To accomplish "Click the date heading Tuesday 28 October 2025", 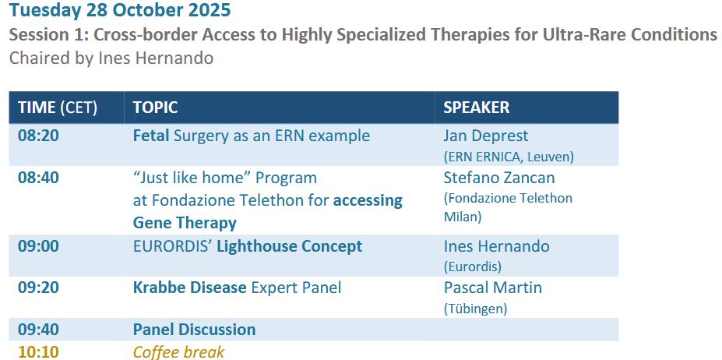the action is (120, 9).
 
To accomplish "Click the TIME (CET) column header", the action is (58, 108).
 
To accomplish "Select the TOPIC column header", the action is (155, 108).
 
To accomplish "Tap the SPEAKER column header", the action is (476, 108).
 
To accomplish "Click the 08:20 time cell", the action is (38, 136).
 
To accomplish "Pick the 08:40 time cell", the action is (38, 178).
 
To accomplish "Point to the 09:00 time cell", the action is (38, 245).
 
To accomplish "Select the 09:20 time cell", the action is (38, 288).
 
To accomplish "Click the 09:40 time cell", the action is (38, 330).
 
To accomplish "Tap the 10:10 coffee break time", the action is (38, 352).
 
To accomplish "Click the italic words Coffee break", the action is (178, 352).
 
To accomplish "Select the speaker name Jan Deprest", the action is (486, 136).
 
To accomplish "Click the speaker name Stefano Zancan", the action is (499, 178).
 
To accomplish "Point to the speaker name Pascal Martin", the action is (493, 288).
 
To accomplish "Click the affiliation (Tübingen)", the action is (475, 309).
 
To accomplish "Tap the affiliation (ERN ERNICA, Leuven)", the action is (509, 157).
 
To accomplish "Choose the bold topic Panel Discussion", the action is (194, 330).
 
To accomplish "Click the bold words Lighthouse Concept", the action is (290, 246).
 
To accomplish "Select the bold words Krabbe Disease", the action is (190, 288).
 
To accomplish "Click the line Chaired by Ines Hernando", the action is (111, 58).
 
